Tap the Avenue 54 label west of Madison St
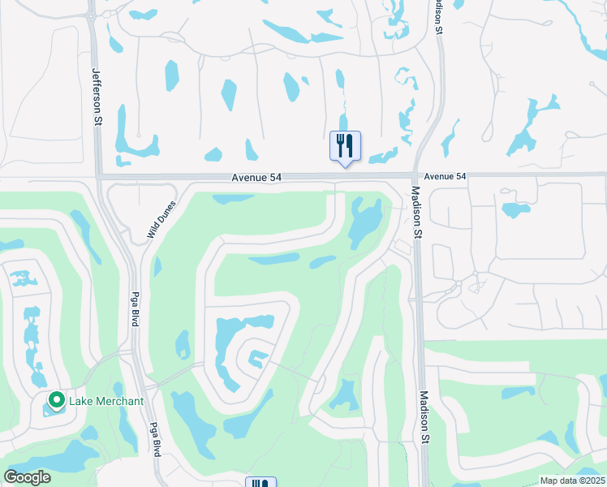coord(259,177)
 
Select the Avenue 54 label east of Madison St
coord(446,176)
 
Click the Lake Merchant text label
coord(106,401)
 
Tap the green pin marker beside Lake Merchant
coord(57,400)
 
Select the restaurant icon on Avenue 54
coord(345,146)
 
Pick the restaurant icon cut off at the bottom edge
coord(260,482)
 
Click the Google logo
coord(28,477)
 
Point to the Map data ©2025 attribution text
coord(572,481)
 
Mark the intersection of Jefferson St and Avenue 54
coord(97,175)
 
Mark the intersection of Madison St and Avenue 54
coord(415,175)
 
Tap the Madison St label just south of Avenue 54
coord(416,212)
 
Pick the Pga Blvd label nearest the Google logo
coord(153,440)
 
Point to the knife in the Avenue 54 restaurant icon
coord(350,145)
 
